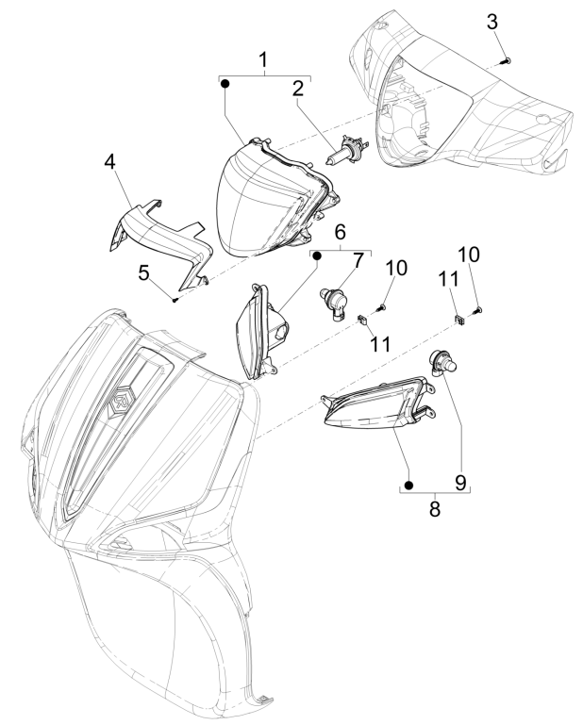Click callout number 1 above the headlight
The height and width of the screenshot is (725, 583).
264,59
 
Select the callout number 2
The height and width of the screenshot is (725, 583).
297,90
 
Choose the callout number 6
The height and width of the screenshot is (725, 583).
341,231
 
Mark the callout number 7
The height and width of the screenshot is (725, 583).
358,259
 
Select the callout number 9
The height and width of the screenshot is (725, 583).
461,482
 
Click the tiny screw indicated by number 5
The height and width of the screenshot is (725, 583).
175,299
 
